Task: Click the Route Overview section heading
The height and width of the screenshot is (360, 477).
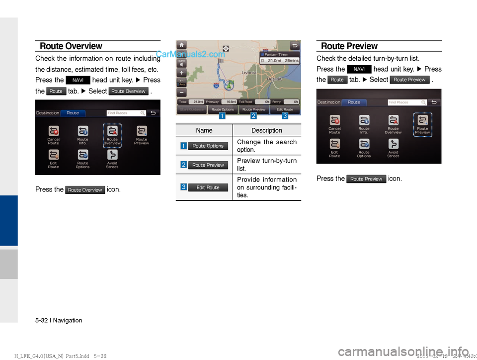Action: pyautogui.click(x=71, y=46)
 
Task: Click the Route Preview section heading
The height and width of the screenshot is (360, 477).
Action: pyautogui.click(x=349, y=46)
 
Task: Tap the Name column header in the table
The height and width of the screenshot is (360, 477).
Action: pyautogui.click(x=204, y=130)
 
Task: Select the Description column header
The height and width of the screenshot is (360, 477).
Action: pyautogui.click(x=266, y=130)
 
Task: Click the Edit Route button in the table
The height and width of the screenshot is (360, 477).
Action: pyautogui.click(x=208, y=187)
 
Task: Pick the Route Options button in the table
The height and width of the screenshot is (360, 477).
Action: pyautogui.click(x=208, y=146)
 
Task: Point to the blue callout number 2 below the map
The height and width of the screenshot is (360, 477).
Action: pyautogui.click(x=253, y=116)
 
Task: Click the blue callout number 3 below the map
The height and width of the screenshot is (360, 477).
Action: pyautogui.click(x=285, y=116)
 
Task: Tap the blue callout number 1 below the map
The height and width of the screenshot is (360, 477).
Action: pyautogui.click(x=222, y=116)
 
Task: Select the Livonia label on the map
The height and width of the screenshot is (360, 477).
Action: pyautogui.click(x=249, y=73)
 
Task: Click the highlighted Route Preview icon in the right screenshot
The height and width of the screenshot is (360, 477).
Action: pyautogui.click(x=422, y=124)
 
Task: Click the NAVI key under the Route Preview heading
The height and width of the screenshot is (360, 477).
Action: pyautogui.click(x=359, y=69)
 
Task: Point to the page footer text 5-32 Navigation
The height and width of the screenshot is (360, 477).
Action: pyautogui.click(x=59, y=320)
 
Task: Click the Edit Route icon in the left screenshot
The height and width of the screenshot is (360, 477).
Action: pyautogui.click(x=54, y=159)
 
